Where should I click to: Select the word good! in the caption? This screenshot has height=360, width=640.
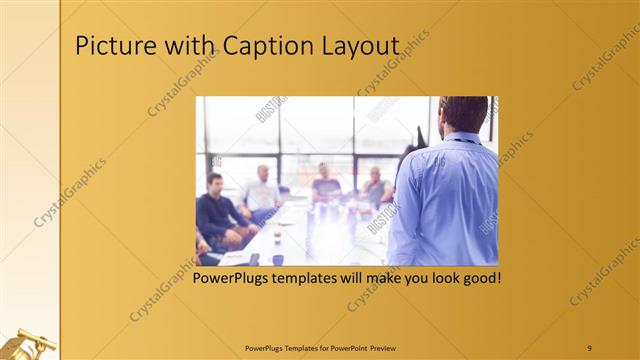pos(479,277)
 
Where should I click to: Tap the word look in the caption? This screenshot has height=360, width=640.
pos(435,277)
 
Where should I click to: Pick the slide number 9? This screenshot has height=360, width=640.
pos(589,348)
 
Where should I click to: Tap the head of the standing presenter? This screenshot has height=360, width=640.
pos(462,117)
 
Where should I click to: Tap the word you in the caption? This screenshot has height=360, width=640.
pos(406,277)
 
